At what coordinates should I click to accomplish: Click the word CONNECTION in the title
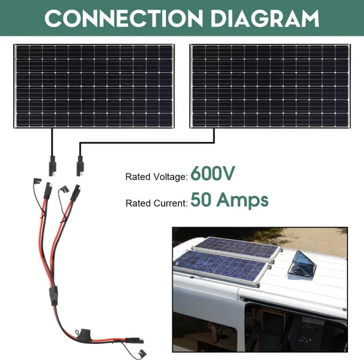[124, 18]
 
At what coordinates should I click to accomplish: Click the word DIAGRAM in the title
[265, 18]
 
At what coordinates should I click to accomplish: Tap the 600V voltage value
[213, 173]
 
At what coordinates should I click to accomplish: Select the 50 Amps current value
[229, 200]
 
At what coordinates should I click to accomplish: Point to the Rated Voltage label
[157, 176]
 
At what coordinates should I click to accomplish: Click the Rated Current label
[157, 203]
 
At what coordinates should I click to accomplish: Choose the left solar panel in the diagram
[94, 86]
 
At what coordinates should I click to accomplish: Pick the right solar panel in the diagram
[270, 86]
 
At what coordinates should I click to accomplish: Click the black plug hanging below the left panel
[52, 165]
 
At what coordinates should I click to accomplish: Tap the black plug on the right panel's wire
[80, 165]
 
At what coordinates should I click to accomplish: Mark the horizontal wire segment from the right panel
[147, 143]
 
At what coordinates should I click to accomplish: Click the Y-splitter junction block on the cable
[54, 296]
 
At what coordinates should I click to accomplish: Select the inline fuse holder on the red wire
[83, 335]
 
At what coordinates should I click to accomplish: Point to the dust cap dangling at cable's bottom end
[141, 353]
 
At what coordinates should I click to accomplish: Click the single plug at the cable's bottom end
[134, 340]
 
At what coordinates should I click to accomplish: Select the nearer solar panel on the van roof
[222, 267]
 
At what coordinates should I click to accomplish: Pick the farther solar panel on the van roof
[237, 248]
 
